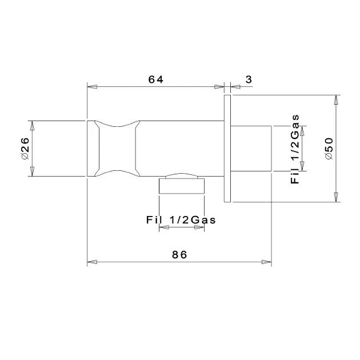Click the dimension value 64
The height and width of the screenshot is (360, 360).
pyautogui.click(x=155, y=79)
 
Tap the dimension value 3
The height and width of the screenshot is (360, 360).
pyautogui.click(x=249, y=79)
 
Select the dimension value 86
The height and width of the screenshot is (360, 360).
pyautogui.click(x=179, y=255)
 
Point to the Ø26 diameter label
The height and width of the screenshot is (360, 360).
pyautogui.click(x=25, y=149)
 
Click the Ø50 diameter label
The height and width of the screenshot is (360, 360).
pyautogui.click(x=329, y=149)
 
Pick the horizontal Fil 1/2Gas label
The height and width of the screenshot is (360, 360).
pyautogui.click(x=181, y=220)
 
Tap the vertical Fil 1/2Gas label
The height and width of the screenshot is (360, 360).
pyautogui.click(x=295, y=149)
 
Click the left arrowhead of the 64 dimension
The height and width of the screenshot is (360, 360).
pyautogui.click(x=92, y=87)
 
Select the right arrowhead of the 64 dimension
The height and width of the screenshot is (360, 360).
pyautogui.click(x=219, y=87)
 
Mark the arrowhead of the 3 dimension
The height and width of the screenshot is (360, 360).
pyautogui.click(x=235, y=87)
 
